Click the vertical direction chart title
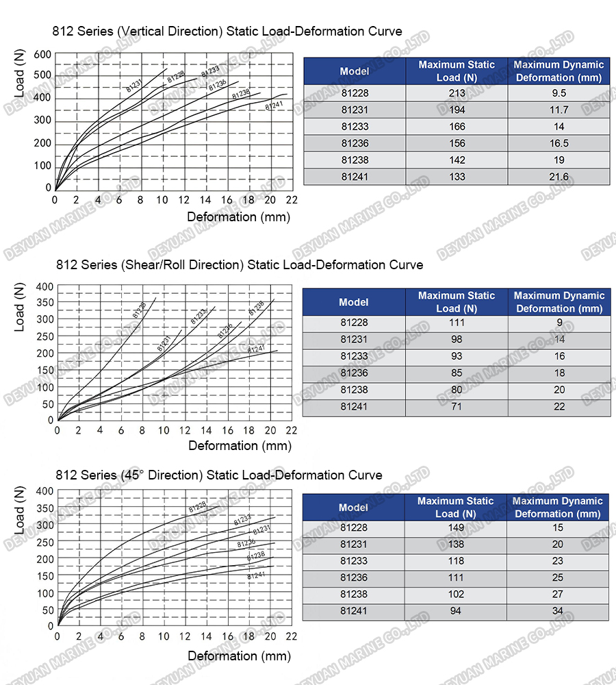coord(227,31)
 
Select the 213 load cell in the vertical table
coord(457,93)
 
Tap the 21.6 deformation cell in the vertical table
coord(559,177)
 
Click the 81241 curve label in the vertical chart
coord(274,106)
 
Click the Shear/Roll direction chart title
coord(240,264)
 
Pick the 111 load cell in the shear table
coord(457,323)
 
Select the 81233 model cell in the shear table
coord(354,356)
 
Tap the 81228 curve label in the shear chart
coord(139,310)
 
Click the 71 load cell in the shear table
coord(457,407)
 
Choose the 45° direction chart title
coord(219,475)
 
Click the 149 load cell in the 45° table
coord(456,527)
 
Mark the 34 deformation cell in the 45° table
coord(558,611)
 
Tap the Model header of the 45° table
coord(353,508)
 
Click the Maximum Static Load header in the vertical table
coord(457,71)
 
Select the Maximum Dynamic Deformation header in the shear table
coord(559,302)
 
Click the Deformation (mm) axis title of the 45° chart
coord(240,656)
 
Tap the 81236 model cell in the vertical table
coord(355,143)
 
